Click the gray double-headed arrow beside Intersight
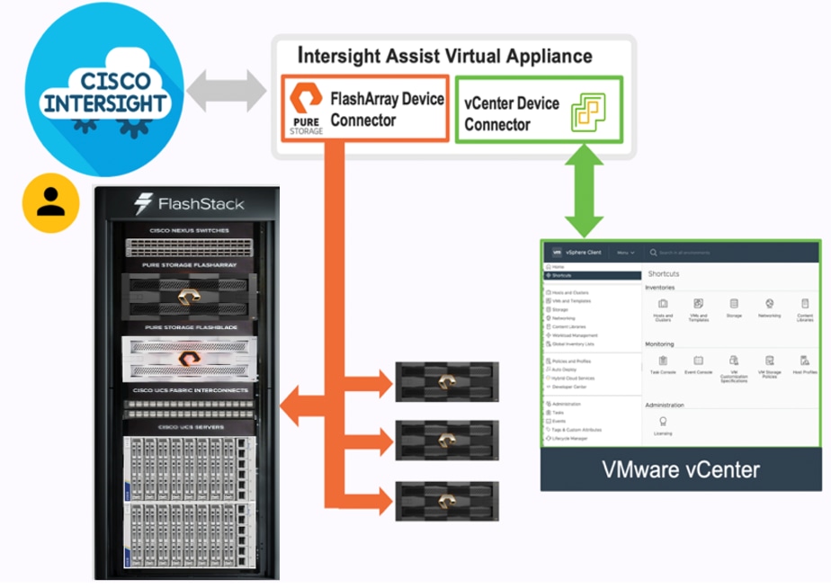pos(226,91)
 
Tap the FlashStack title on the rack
pos(189,204)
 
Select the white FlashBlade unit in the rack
pos(189,358)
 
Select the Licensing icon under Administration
pos(663,422)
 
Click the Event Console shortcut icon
pos(698,361)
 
